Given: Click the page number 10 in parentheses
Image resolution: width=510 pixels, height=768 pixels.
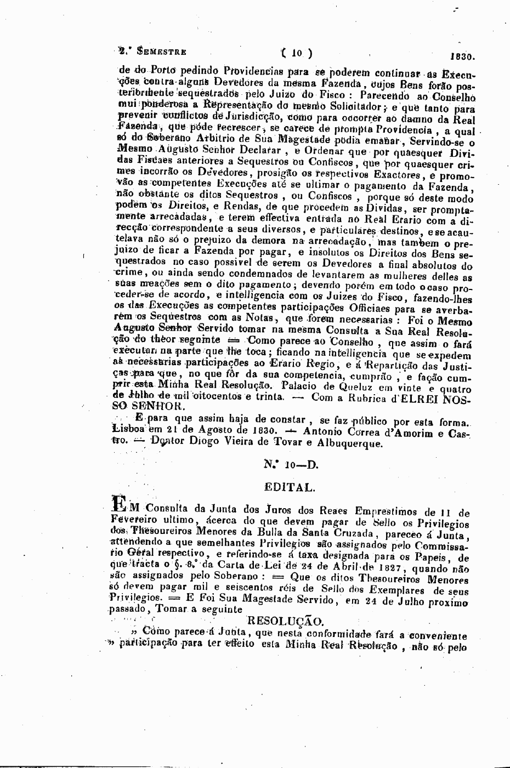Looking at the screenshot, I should coord(297,54).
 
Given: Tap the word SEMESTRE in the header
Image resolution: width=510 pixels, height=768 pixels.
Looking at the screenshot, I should coord(162,52).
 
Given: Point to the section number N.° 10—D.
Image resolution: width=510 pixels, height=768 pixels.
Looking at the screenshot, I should coord(291,465).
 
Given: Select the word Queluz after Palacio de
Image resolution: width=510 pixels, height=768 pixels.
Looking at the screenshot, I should coord(355,386).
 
